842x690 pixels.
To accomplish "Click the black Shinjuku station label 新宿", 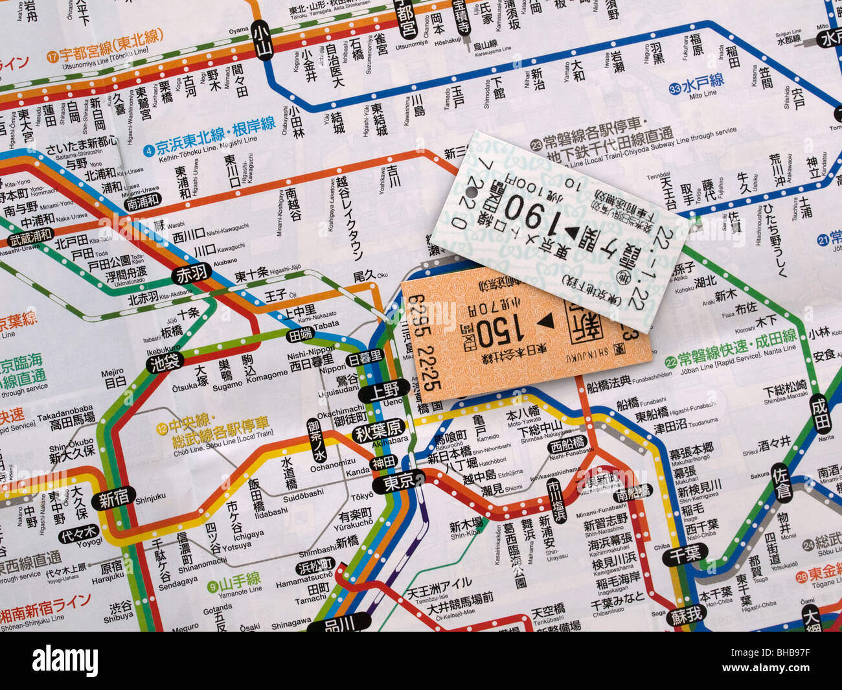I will pos(113,499).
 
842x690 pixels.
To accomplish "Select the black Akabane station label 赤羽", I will pos(192,274).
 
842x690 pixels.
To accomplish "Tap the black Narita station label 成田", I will pos(820,413).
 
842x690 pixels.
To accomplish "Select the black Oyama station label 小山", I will pos(262,40).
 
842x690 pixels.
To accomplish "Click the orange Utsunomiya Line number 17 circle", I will pos(52,56).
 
